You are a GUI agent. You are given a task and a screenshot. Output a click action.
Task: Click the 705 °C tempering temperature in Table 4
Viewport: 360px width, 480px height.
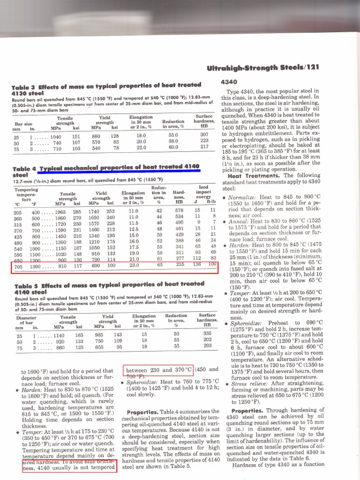click(18, 265)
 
